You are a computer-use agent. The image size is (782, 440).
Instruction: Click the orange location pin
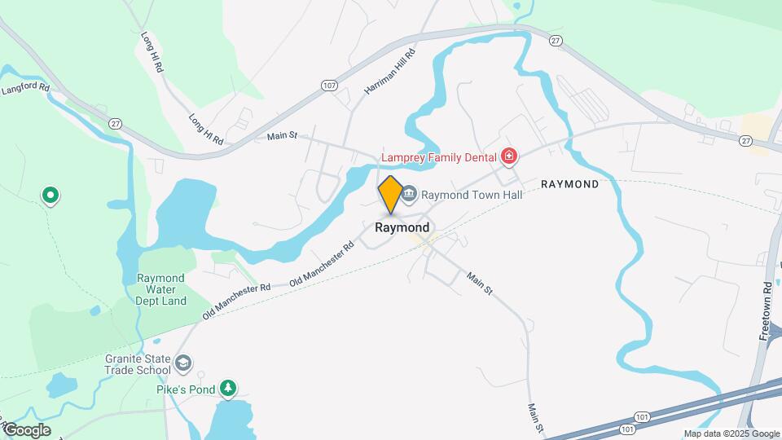tap(390, 194)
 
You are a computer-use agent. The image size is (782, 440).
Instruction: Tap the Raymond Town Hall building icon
tap(410, 195)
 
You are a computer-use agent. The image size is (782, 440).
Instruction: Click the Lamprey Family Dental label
tap(440, 156)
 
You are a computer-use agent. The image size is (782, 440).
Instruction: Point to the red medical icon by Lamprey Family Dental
tap(509, 156)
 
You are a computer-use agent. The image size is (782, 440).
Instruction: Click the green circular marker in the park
tap(51, 195)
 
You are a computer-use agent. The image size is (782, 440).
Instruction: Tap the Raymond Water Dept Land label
tap(161, 289)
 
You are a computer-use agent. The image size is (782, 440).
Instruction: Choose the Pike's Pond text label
tap(186, 389)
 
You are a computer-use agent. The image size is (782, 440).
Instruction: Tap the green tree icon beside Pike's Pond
tap(231, 389)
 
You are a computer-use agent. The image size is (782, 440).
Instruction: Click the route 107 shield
tap(329, 86)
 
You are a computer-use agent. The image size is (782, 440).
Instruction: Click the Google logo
tap(26, 430)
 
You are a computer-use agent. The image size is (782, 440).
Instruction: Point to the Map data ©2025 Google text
tap(731, 433)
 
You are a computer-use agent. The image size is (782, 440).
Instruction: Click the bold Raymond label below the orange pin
tap(402, 228)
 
